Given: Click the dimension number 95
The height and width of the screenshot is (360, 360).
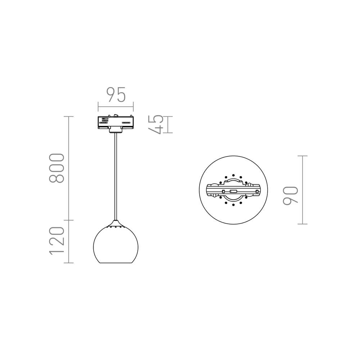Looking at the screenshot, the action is coord(116,94).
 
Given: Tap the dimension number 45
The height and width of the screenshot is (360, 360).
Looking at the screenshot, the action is coord(156,125).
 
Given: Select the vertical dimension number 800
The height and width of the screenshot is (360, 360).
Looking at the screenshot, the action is coord(57,168).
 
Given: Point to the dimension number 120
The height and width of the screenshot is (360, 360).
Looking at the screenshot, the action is coord(57,241).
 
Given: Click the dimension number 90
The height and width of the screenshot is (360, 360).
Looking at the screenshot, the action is coord(291,195).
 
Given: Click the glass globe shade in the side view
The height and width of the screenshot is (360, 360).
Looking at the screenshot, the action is coord(116,244).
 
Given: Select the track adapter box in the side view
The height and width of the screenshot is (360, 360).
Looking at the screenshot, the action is coord(116,123).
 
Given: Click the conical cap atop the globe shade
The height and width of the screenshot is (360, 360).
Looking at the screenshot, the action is coord(116,224).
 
